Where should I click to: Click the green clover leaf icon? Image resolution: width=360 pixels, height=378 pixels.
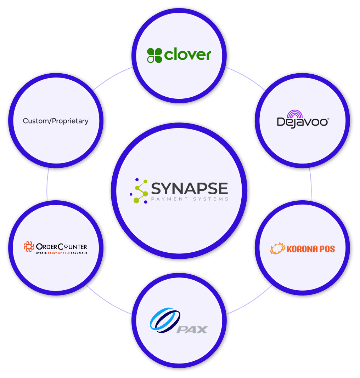pos(154,56)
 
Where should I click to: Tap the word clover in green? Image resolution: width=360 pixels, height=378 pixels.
pos(188,55)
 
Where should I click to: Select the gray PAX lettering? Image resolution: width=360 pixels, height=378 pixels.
pos(192,330)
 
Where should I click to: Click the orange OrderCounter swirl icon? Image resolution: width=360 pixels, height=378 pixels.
pos(29,246)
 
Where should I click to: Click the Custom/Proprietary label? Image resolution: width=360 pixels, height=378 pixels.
pos(56,121)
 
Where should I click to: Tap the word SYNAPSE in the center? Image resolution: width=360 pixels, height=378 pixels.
pos(189,188)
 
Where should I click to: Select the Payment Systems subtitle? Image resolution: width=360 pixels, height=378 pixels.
pos(189,199)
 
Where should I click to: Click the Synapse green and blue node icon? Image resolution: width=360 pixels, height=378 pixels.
pos(139,191)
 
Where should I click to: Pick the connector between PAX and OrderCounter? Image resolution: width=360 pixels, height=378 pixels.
pos(108,302)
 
